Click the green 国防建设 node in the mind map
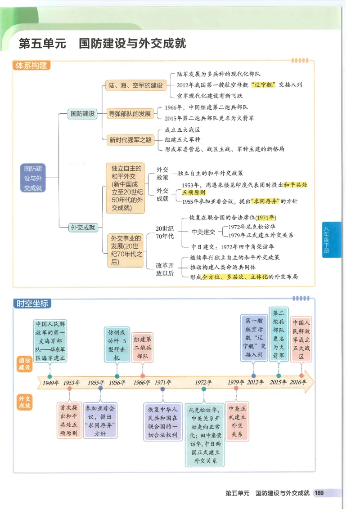pos(82,114)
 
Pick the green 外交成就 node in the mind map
pos(83,228)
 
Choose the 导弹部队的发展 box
pos(130,114)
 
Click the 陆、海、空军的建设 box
pos(135,85)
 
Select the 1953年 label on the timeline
pos(71,383)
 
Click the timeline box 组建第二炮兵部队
pos(142,348)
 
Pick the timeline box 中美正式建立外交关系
pos(237,421)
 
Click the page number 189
pos(319,493)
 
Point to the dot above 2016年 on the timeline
pos(301,375)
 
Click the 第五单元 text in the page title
pos(42,44)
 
